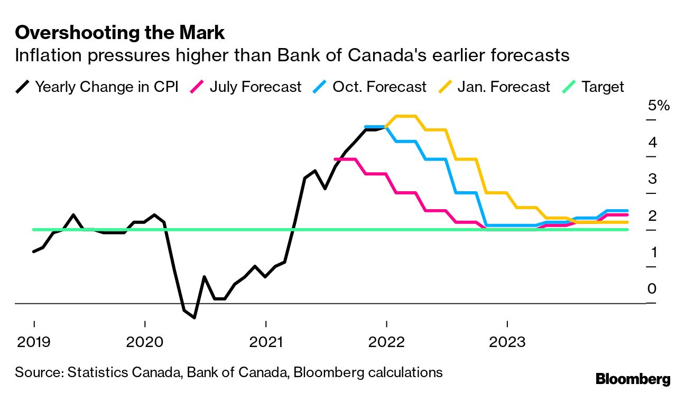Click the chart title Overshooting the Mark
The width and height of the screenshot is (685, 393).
point(120,33)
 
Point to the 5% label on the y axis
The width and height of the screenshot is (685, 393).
point(659,106)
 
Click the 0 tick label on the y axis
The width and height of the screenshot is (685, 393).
point(652,289)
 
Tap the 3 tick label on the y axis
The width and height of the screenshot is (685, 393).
point(652,179)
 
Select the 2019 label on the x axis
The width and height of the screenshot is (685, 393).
point(34,342)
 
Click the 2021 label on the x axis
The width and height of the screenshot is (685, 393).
point(266,342)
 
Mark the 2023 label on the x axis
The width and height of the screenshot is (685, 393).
point(507,342)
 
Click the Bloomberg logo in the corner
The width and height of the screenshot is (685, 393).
point(633,379)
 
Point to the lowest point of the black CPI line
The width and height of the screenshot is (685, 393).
point(195,317)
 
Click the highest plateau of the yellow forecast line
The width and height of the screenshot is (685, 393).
point(406,116)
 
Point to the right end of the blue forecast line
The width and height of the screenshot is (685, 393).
point(627,211)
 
